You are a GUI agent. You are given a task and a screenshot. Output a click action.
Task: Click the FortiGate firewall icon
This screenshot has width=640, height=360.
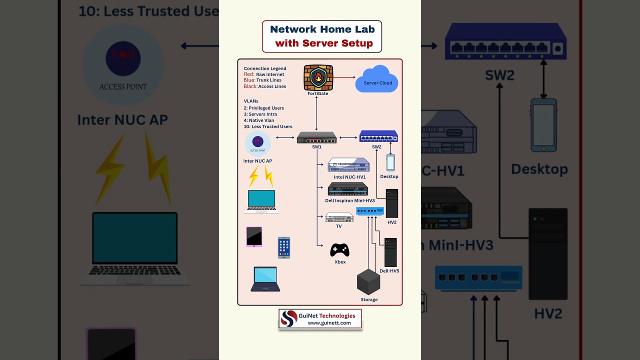tap(318, 77)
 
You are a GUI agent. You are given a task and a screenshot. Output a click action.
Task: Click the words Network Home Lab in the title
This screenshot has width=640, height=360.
tap(322, 29)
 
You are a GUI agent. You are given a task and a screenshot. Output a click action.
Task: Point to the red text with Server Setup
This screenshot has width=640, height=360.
tap(323, 43)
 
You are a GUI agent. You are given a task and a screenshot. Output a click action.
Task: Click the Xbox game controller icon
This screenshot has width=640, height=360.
tap(339, 249)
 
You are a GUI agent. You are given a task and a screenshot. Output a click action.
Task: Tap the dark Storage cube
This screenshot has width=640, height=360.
tap(368, 282)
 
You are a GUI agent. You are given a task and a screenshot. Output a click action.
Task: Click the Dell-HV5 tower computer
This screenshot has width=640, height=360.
tap(390, 252)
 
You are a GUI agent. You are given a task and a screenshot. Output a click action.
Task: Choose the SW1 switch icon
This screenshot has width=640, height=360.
tap(316, 137)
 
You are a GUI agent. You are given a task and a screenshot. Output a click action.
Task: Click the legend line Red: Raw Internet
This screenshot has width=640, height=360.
tap(264, 74)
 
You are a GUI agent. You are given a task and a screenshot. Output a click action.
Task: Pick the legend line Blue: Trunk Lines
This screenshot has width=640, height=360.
tap(262, 80)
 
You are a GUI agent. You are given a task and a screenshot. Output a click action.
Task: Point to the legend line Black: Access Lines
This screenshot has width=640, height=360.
tap(265, 86)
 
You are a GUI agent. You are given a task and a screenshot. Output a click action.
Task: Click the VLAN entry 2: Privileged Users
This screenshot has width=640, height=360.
tap(263, 108)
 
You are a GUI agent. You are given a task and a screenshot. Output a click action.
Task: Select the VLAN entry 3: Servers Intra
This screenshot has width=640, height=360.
tap(260, 114)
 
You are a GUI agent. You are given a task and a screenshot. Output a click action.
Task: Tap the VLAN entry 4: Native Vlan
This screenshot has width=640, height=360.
tap(259, 120)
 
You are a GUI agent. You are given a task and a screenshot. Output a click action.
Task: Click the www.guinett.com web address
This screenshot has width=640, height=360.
tap(329, 323)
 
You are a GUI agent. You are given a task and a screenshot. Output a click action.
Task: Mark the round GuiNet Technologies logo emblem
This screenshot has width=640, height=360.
tap(289, 318)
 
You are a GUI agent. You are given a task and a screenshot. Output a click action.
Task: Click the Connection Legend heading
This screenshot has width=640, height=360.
tap(265, 68)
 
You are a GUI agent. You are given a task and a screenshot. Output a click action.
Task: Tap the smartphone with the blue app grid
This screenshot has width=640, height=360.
tap(284, 247)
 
